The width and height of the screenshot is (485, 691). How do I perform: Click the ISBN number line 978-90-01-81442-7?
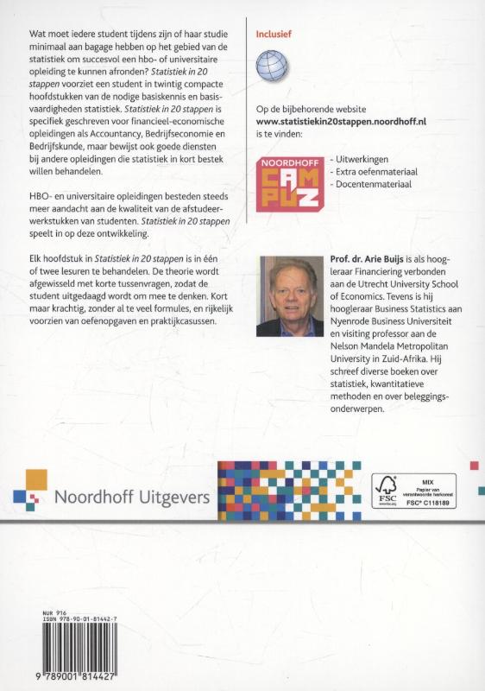tap(80, 618)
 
